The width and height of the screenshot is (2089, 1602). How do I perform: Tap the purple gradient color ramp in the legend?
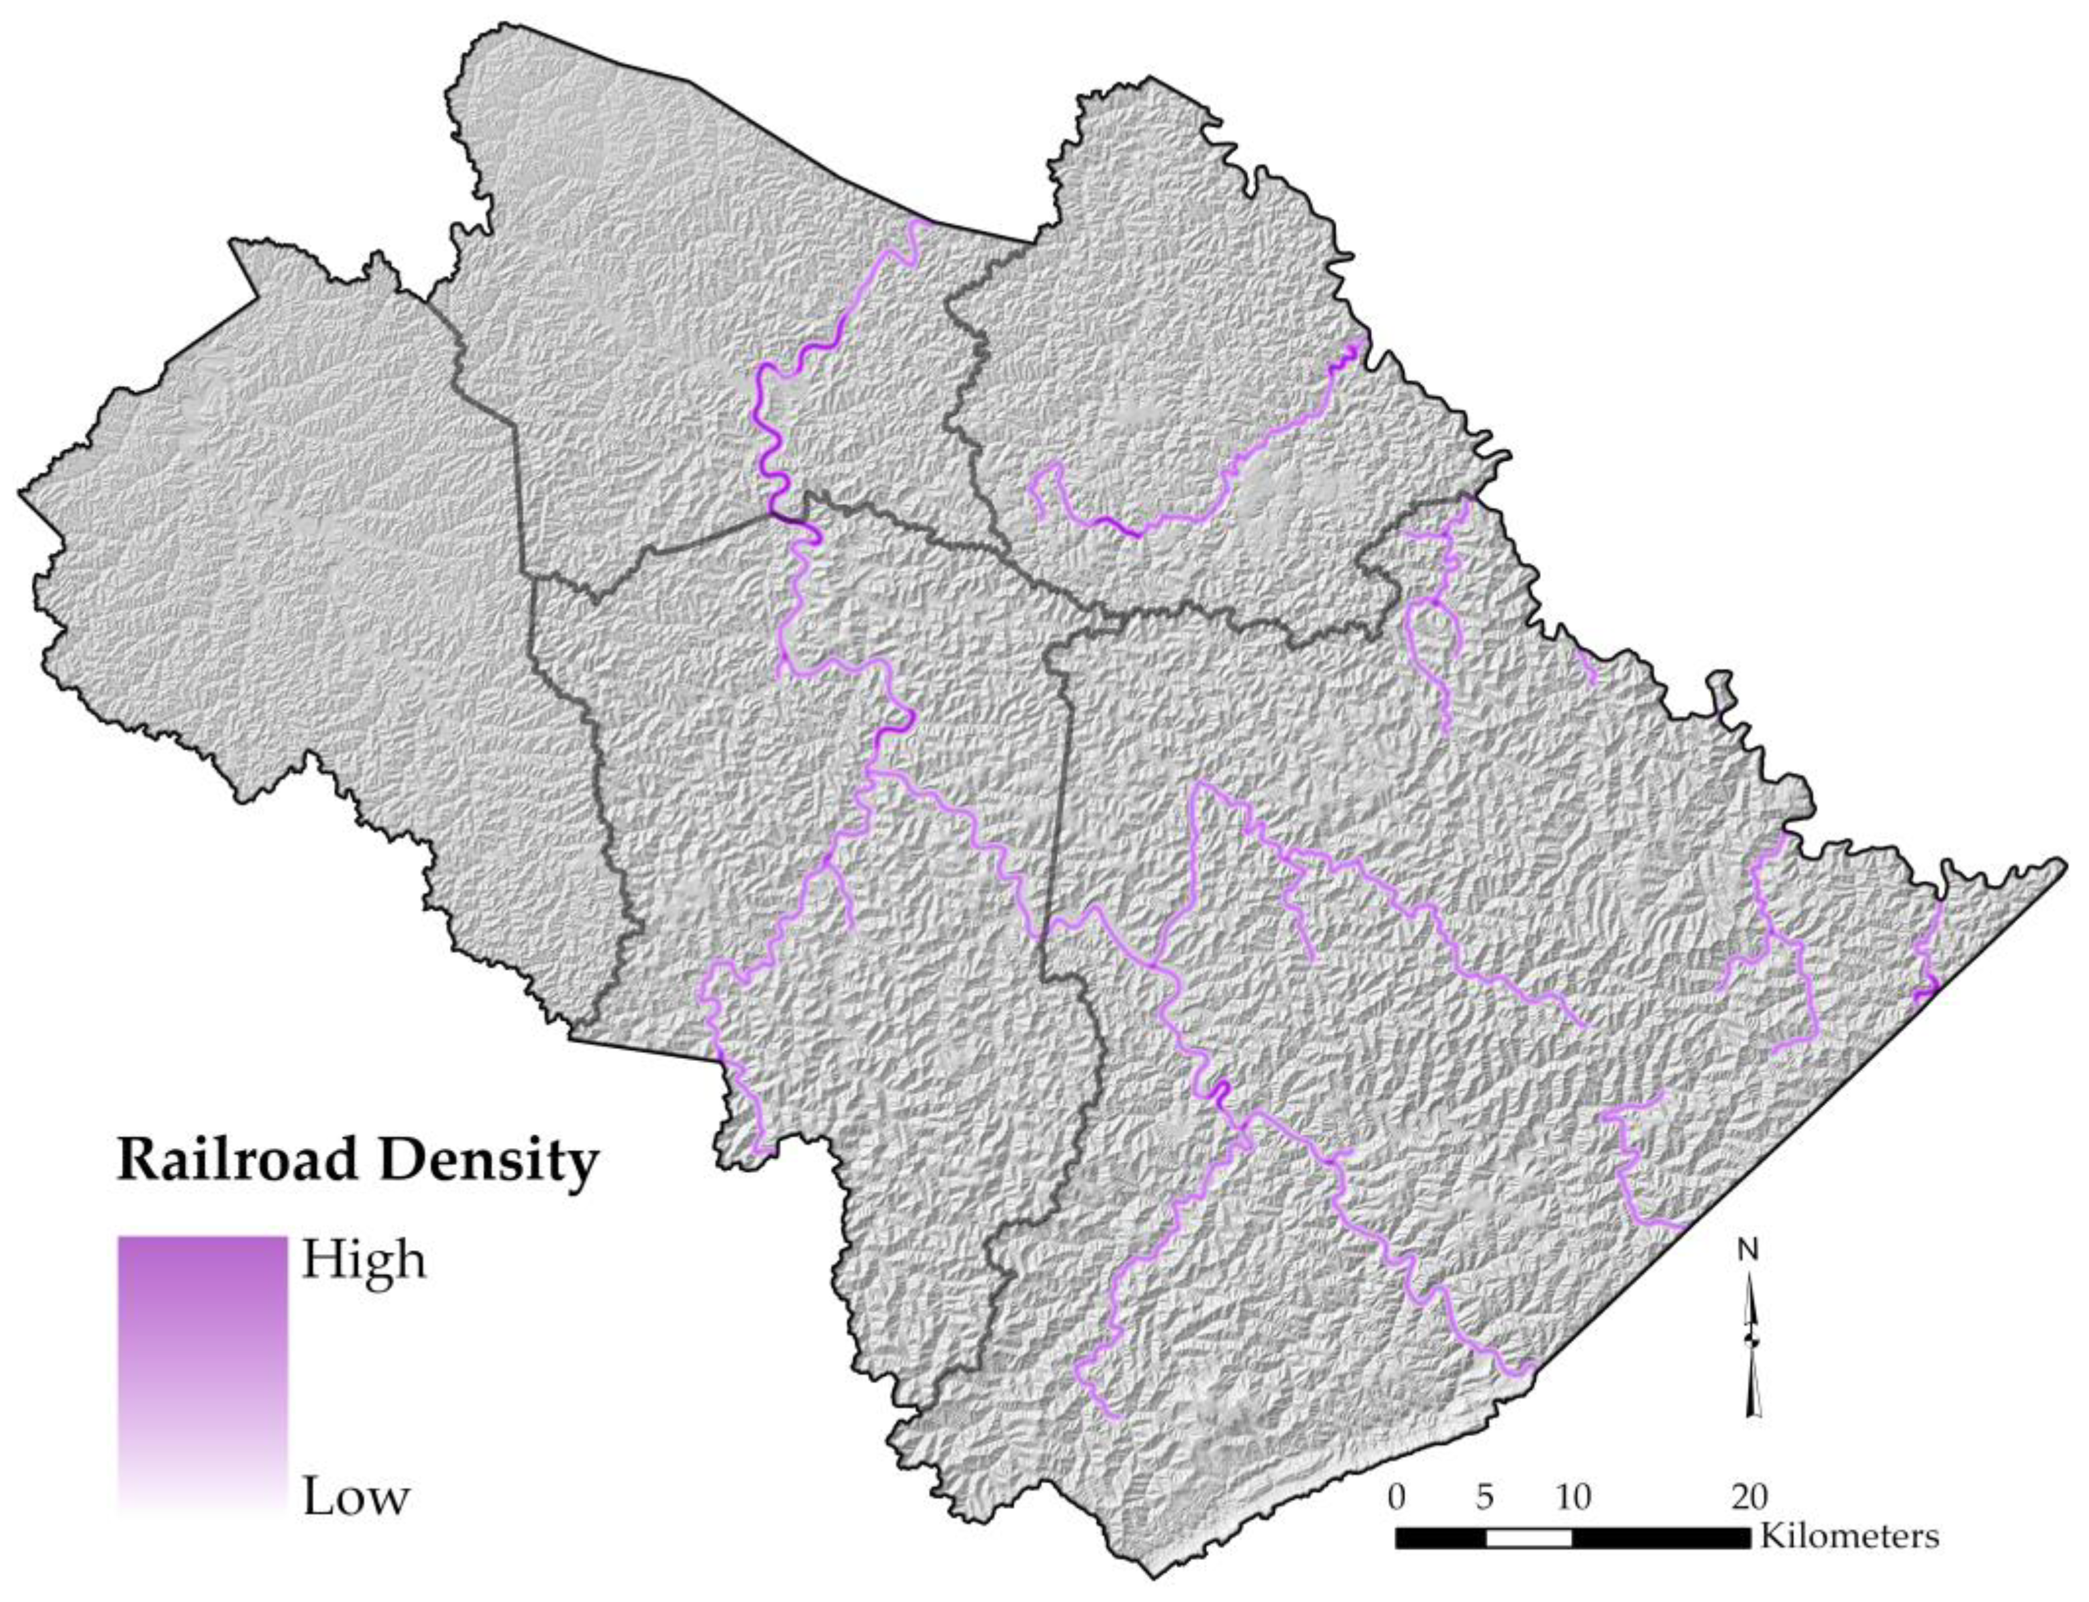(x=202, y=1373)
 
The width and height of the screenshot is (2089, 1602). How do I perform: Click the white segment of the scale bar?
(x=1528, y=1538)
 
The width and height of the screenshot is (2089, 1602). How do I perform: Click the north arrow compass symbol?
(x=1753, y=1354)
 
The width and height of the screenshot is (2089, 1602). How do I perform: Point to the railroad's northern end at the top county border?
(x=920, y=223)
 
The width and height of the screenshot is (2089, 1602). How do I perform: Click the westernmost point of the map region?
(x=21, y=493)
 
